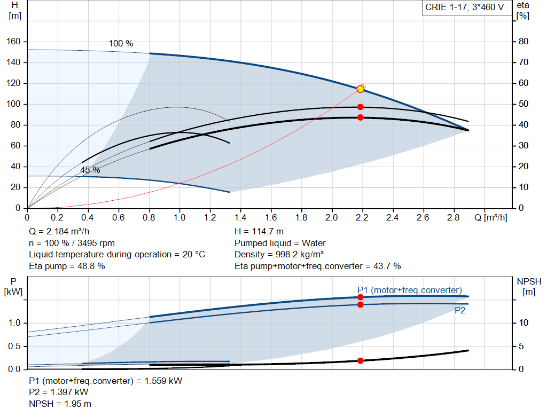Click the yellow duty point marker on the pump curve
[360, 89]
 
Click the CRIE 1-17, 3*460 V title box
[464, 7]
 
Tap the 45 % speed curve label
[90, 170]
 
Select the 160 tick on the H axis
[14, 42]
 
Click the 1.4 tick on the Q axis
[240, 218]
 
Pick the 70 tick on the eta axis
[524, 62]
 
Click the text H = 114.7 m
[260, 232]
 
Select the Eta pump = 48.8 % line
[67, 266]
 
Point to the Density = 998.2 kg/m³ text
[279, 254]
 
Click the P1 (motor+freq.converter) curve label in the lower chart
[409, 290]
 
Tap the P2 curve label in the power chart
[459, 310]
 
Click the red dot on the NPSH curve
[360, 360]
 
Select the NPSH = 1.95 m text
[60, 404]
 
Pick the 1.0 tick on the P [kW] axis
[14, 323]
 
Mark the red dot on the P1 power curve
[360, 297]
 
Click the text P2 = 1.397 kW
[59, 392]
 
